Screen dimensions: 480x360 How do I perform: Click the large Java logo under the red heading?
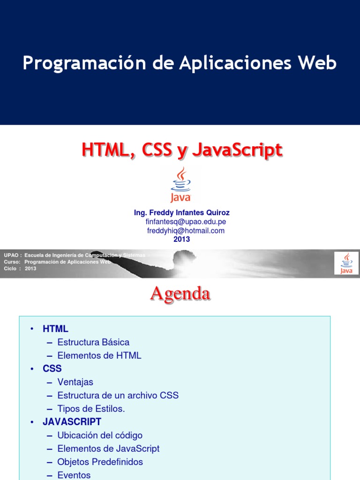point(180,184)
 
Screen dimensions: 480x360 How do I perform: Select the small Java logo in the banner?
point(346,263)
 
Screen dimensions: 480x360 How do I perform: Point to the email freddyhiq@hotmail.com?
point(186,231)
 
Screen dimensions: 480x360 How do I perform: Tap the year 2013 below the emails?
point(181,239)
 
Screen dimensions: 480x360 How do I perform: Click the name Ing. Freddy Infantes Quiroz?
point(182,213)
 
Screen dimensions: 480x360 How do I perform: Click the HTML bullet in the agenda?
point(55,329)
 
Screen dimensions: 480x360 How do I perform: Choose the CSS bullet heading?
point(52,368)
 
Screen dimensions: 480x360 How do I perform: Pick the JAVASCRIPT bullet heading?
point(72,422)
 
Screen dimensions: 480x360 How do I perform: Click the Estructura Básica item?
point(93,342)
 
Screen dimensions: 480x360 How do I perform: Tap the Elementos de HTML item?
point(99,355)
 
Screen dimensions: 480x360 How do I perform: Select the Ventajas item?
point(75,382)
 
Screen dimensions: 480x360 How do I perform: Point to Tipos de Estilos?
point(91,409)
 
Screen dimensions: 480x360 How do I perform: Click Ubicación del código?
point(99,435)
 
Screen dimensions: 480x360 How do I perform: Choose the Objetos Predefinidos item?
point(100,462)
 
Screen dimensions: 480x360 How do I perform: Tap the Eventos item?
point(74,475)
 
